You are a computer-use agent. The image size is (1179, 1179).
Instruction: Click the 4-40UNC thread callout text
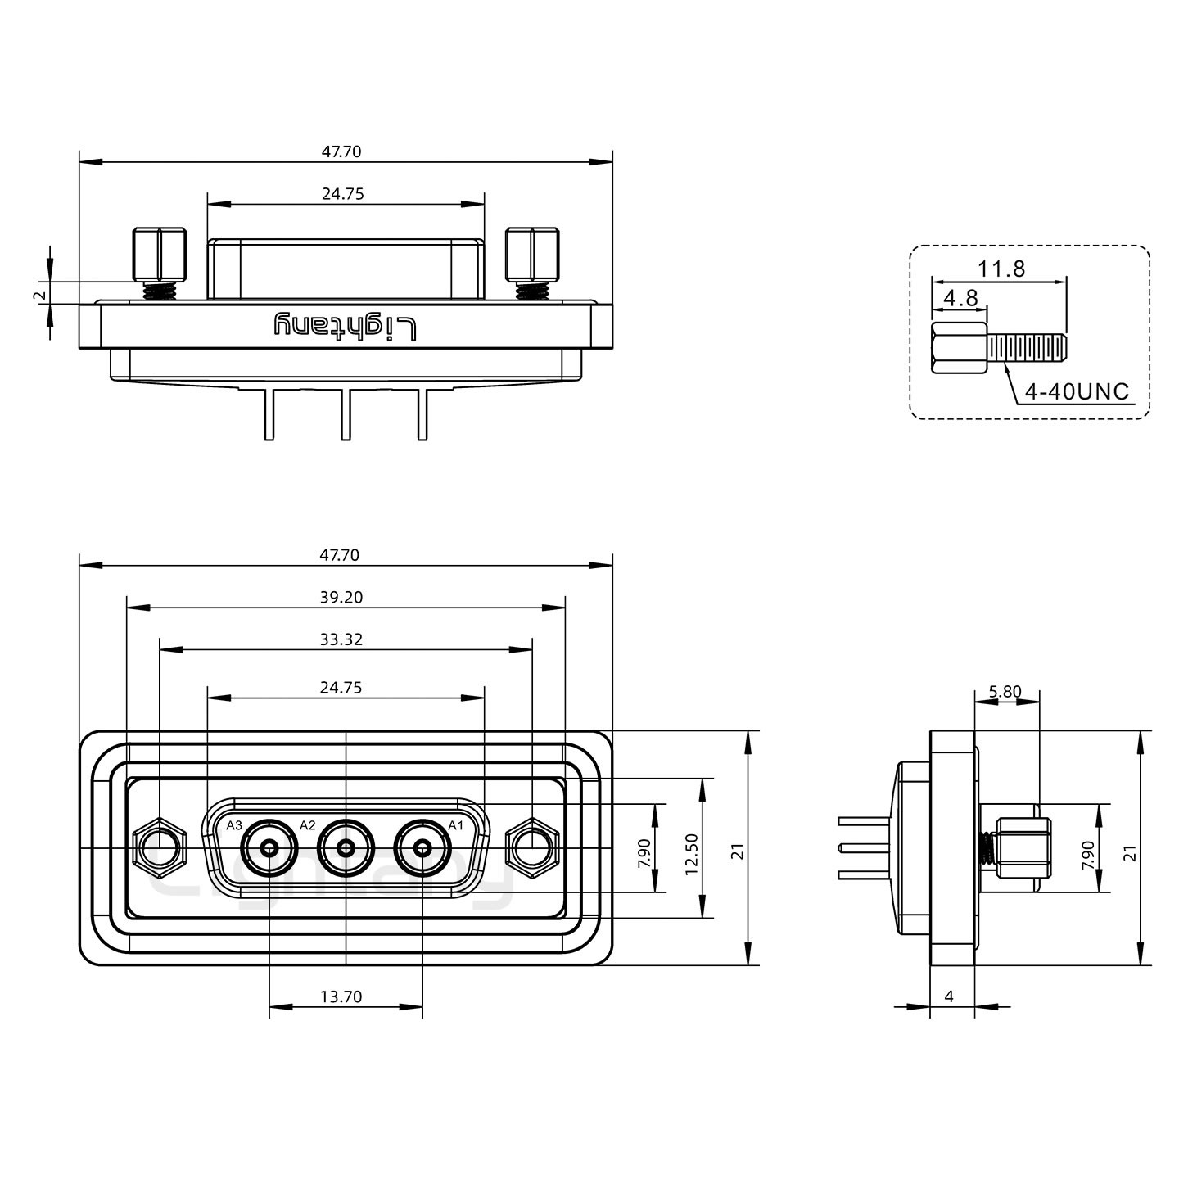click(1077, 391)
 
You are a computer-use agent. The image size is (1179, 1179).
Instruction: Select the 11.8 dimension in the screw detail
click(1001, 269)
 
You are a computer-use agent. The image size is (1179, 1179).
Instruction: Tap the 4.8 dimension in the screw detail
click(960, 298)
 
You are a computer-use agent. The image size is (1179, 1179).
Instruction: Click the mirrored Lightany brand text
click(346, 326)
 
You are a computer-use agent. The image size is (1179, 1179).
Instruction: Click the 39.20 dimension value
click(341, 598)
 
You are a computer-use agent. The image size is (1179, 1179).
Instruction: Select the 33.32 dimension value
click(341, 639)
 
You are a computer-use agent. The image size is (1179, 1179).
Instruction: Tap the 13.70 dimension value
click(341, 996)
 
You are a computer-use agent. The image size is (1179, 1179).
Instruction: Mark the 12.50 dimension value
click(692, 854)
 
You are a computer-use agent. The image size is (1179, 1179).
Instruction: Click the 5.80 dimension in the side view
click(1005, 692)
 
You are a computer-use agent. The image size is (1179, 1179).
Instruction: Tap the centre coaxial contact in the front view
click(346, 847)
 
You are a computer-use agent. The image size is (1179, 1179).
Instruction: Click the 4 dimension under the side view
click(949, 996)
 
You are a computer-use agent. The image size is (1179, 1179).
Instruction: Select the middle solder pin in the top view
click(346, 413)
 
